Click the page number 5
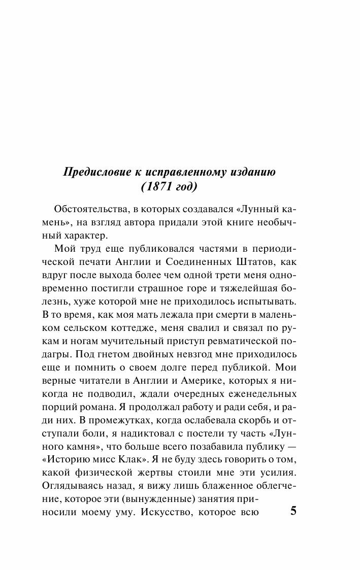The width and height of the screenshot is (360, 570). click(293, 511)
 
